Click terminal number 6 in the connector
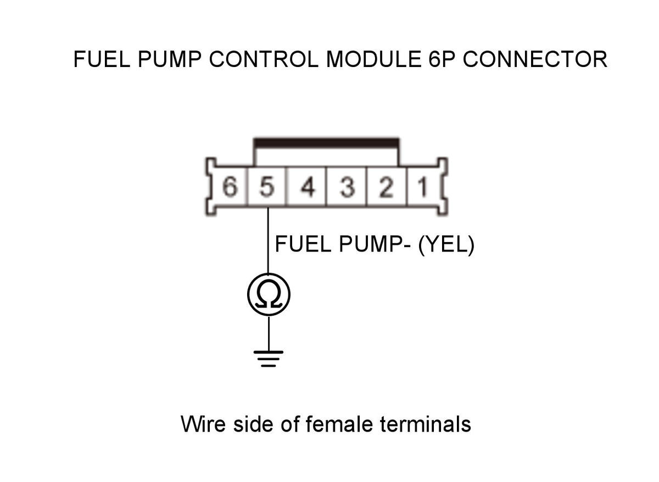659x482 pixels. [x=230, y=187]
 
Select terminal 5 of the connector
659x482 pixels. [x=267, y=187]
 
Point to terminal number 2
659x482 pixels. [x=386, y=187]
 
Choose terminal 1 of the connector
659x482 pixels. [x=423, y=187]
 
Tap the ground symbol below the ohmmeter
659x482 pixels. [x=269, y=359]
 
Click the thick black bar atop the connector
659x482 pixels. [x=326, y=142]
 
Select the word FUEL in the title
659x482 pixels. [x=102, y=59]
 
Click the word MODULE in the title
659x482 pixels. [x=373, y=59]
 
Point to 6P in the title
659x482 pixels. [x=442, y=59]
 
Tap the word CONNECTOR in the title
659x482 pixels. [x=535, y=59]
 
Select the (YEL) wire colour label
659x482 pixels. [x=446, y=245]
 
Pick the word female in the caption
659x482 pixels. [x=339, y=424]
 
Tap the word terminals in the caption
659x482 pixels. [x=426, y=424]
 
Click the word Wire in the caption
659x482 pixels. [x=203, y=424]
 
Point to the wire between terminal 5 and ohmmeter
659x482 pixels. [x=268, y=240]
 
